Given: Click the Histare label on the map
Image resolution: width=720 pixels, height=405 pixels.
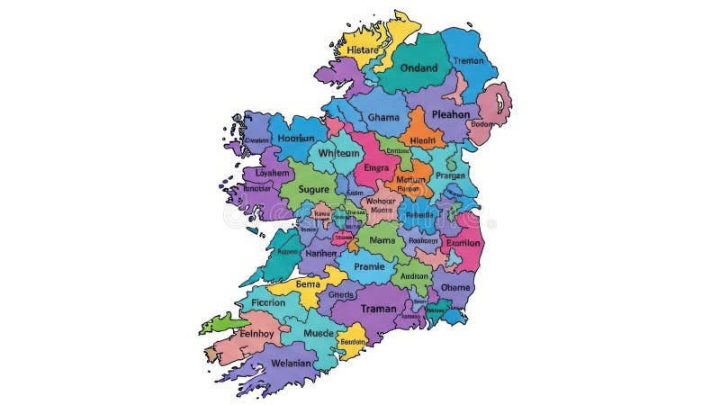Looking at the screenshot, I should pos(363,49).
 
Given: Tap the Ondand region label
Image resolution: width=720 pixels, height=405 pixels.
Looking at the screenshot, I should pos(418,67).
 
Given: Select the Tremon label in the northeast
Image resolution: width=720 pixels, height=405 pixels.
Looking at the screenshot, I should pos(468,61).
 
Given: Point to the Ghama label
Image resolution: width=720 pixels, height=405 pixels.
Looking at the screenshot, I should pos(383,118).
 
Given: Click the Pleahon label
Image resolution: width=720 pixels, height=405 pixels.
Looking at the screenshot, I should pos(450,114).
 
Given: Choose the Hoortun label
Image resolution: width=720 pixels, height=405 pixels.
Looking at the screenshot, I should pos(295,139).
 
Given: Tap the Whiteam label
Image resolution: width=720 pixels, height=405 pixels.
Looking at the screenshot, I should pos(338,153).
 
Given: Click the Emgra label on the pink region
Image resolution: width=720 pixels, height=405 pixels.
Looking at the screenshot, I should pos(376,167).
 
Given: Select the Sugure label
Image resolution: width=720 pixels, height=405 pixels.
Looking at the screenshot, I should pos(313,190).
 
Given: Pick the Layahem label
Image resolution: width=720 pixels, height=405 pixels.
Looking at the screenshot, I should pos(272,172).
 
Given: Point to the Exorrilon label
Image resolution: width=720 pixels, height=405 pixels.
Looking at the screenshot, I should pos(463,243).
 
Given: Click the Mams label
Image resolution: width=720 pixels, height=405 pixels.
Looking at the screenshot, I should pos(382,241).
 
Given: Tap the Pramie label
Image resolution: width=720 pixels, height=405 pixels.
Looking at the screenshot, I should pos(369,266).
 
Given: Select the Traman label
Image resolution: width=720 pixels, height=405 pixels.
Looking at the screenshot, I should pos(378,309).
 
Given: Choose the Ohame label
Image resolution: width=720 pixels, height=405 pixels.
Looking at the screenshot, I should pos(455,287).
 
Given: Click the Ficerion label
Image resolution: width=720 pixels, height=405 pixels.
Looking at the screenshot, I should pos(268,302).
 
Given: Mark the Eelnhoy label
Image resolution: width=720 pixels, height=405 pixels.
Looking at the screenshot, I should pos(257,334).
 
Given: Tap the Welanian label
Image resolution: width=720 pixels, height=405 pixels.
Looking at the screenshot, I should pos(290,364).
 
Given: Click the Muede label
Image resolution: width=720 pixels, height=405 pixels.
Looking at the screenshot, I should pos(318,333).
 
